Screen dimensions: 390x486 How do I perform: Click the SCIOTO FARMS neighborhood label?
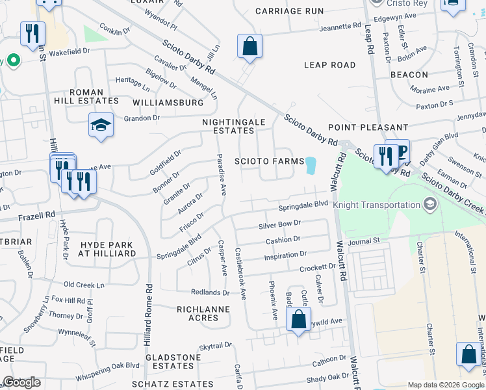pyautogui.click(x=269, y=161)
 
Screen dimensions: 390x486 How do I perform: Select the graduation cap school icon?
pyautogui.click(x=101, y=125)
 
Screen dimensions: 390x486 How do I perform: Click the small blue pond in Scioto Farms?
pyautogui.click(x=311, y=166)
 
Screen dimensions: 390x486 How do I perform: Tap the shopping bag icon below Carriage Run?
pyautogui.click(x=249, y=47)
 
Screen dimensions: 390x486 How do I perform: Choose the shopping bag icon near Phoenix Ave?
pyautogui.click(x=298, y=320)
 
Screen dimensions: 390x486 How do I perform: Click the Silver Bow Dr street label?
pyautogui.click(x=280, y=224)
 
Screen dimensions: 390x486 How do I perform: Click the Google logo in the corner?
pyautogui.click(x=21, y=382)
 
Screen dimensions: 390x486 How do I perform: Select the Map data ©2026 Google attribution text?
pyautogui.click(x=445, y=385)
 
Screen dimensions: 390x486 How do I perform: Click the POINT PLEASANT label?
pyautogui.click(x=367, y=127)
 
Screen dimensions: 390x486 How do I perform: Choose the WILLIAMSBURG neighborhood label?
pyautogui.click(x=167, y=103)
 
